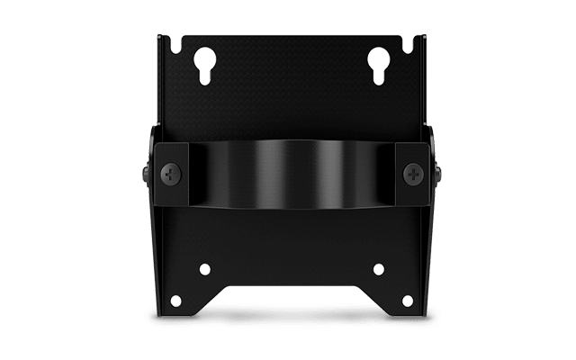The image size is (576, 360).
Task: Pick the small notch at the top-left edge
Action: pos(185,42)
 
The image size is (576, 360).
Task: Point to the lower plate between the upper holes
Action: pos(290,261)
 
